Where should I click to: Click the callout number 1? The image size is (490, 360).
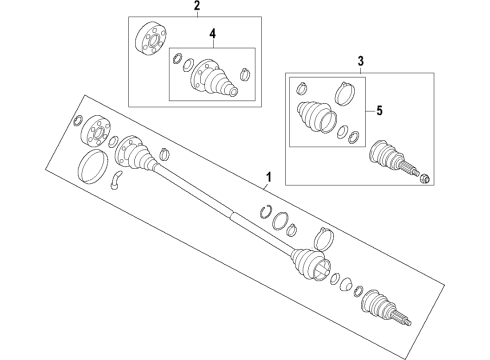(x=268, y=177)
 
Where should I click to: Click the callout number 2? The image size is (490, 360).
(x=197, y=5)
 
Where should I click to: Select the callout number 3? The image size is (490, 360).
(x=361, y=61)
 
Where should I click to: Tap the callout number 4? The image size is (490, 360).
(x=212, y=33)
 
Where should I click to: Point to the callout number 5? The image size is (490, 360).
(x=379, y=110)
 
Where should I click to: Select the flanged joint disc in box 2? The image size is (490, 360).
(x=150, y=37)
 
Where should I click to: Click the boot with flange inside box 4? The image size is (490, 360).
(x=214, y=78)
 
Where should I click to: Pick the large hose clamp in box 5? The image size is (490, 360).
(x=344, y=93)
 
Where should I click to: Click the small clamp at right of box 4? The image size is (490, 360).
(x=245, y=73)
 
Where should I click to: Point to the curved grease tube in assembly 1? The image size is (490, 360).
(x=116, y=180)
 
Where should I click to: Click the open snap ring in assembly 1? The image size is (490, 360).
(x=265, y=212)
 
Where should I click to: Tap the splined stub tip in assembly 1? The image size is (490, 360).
(x=402, y=317)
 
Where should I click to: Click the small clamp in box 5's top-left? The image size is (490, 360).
(x=301, y=88)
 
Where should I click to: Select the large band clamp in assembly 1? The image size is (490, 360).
(x=324, y=238)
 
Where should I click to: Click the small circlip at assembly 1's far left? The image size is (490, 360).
(x=79, y=120)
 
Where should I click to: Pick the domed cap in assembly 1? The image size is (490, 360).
(x=346, y=283)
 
